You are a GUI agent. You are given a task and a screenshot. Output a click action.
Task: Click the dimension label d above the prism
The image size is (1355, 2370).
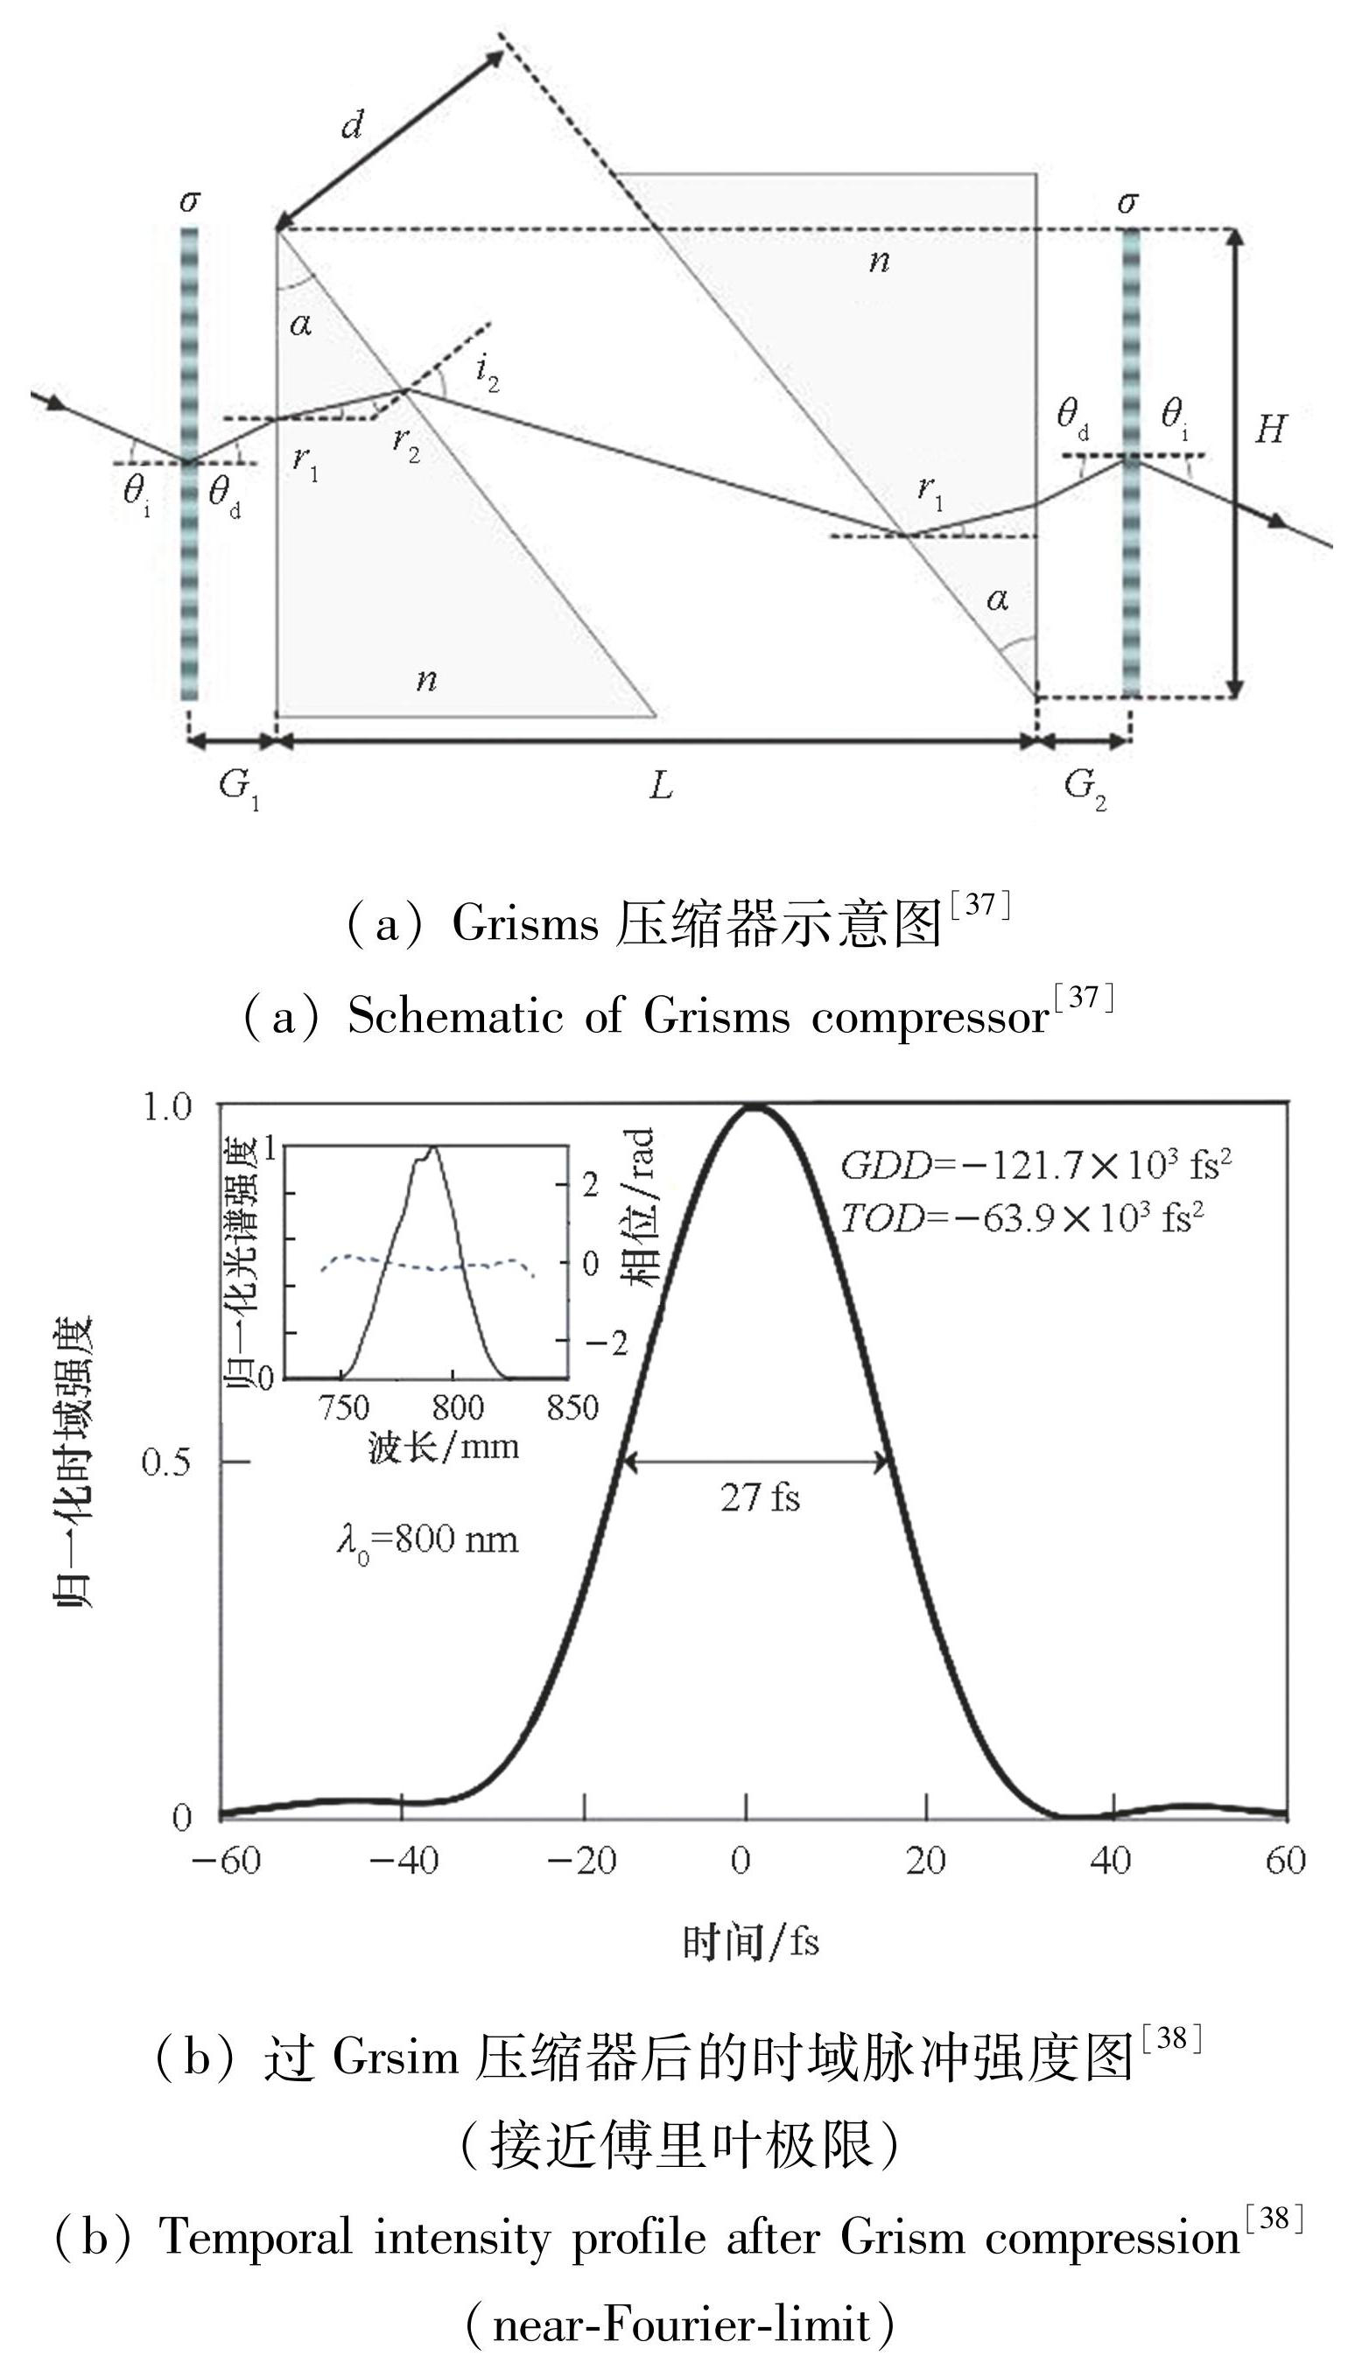click(x=352, y=123)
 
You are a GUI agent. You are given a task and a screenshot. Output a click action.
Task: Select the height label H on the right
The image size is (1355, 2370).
click(x=1270, y=429)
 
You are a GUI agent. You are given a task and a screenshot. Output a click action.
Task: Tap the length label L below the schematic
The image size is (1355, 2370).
click(x=660, y=786)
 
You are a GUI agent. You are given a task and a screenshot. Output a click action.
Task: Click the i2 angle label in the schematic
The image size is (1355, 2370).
click(x=487, y=373)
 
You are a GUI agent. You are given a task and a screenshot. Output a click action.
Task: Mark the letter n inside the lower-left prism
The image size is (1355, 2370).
click(x=426, y=679)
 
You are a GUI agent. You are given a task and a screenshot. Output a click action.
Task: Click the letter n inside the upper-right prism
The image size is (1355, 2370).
click(x=879, y=262)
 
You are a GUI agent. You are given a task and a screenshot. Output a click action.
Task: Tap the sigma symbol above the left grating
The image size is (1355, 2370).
click(x=189, y=201)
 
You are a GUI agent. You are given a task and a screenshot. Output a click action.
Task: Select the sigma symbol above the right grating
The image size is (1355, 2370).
click(x=1128, y=201)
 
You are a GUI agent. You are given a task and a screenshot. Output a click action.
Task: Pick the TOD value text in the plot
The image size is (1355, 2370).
click(x=1022, y=1218)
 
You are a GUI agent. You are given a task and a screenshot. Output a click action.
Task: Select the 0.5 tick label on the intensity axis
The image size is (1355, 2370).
click(x=166, y=1462)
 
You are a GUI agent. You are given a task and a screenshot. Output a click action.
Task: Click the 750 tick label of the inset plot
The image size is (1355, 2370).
click(x=343, y=1408)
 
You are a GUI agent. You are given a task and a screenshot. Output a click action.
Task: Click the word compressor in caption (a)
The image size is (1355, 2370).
click(x=930, y=1016)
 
